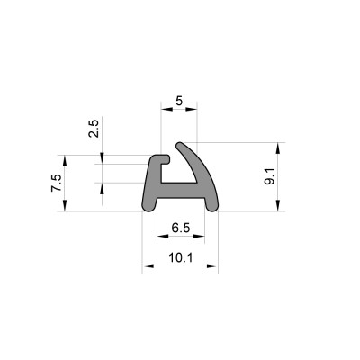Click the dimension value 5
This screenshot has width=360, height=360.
(x=179, y=101)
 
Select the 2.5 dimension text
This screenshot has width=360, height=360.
(x=94, y=129)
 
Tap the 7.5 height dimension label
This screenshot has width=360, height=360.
(x=56, y=183)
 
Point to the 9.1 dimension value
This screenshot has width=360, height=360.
(x=269, y=177)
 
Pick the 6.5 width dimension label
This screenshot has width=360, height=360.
(x=181, y=229)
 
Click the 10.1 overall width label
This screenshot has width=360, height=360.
(x=181, y=257)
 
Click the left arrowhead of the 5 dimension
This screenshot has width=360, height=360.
(x=166, y=109)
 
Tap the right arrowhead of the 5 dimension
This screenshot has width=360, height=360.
(x=191, y=109)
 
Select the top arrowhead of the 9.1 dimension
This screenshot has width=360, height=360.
(x=278, y=148)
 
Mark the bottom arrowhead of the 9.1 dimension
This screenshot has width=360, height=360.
(x=278, y=205)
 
